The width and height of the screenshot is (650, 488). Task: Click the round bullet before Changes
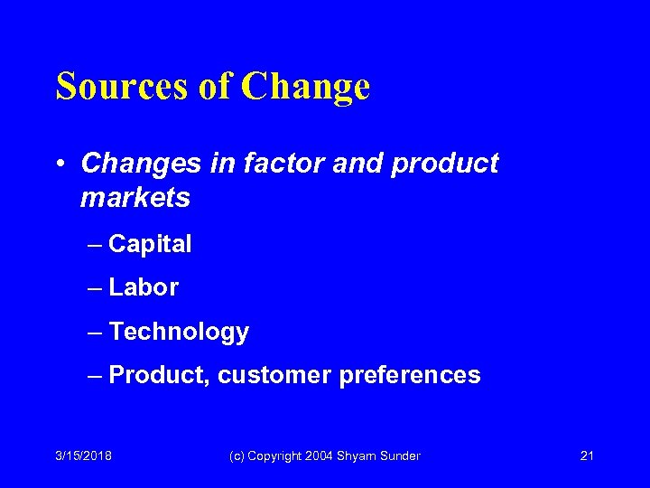[60, 164]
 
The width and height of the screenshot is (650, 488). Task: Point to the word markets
[135, 198]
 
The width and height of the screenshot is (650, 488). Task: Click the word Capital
[150, 244]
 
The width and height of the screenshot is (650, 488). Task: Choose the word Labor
[144, 288]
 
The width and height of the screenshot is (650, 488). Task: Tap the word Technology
[179, 333]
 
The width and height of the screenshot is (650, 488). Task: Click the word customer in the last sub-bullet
[274, 375]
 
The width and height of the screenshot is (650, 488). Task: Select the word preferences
[410, 375]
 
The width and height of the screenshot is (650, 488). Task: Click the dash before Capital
[96, 245]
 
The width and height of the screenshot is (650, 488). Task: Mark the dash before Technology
[96, 333]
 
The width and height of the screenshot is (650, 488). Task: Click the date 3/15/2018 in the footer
[83, 456]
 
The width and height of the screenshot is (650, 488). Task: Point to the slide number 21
[586, 456]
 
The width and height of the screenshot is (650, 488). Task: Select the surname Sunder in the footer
[400, 456]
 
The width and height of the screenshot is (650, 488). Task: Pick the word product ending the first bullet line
[447, 164]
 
